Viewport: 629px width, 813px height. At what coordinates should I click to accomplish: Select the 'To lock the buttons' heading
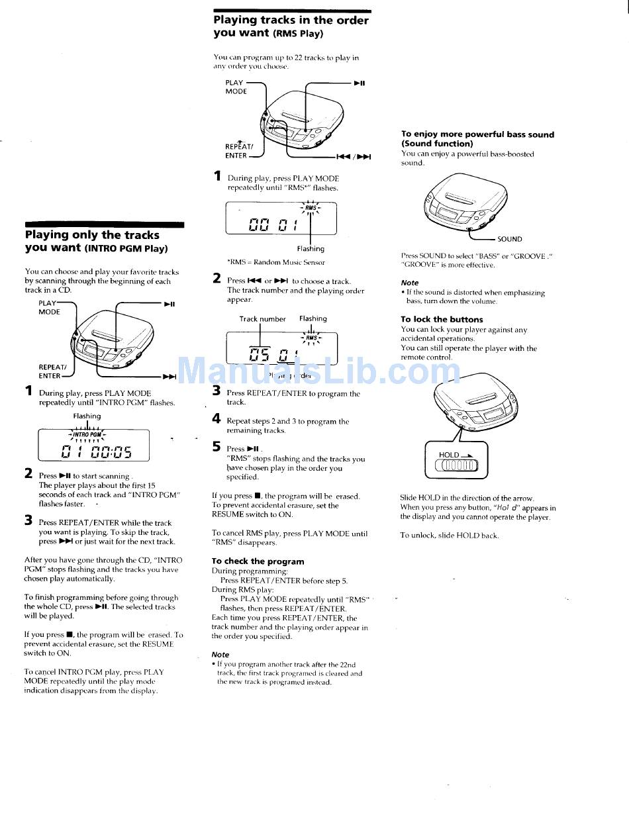tap(442, 319)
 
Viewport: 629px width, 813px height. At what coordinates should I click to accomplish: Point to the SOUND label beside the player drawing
tap(510, 239)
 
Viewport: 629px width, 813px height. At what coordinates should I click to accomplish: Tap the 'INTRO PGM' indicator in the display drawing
tap(87, 434)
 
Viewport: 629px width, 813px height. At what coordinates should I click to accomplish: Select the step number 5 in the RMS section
tap(217, 447)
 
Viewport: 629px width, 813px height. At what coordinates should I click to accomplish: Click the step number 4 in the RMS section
tap(217, 418)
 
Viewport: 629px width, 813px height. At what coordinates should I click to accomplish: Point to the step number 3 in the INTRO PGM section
tap(28, 520)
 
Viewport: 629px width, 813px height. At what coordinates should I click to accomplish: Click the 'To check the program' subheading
tap(258, 561)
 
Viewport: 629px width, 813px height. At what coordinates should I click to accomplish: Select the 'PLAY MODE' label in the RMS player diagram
tap(236, 87)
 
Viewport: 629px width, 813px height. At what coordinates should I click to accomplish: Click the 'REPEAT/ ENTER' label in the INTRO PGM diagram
tap(52, 371)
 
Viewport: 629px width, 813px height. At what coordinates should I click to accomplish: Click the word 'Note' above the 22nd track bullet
tap(220, 654)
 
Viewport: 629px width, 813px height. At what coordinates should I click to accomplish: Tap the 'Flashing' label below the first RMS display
tap(311, 249)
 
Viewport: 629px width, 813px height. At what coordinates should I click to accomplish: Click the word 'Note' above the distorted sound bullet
tap(410, 282)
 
